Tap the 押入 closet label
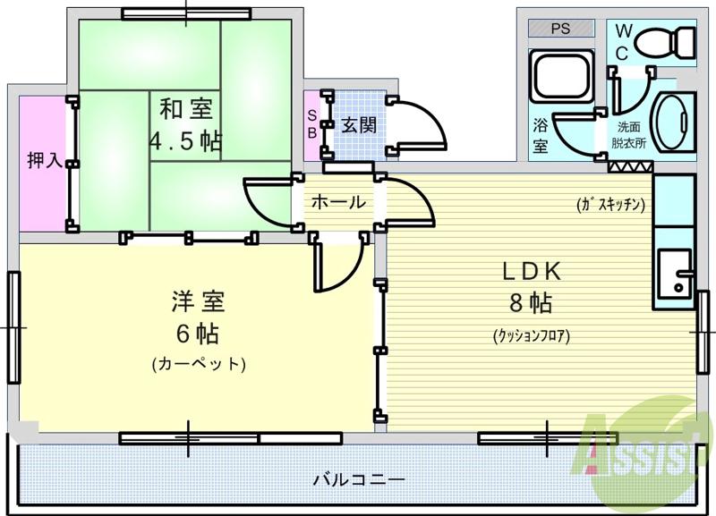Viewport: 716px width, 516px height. coord(44,161)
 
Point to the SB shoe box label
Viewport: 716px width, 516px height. coord(311,123)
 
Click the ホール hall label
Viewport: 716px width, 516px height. coord(338,202)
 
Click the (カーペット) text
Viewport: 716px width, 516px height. coord(198,364)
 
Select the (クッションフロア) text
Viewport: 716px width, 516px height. coord(531,336)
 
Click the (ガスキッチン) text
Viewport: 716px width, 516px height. coord(611,204)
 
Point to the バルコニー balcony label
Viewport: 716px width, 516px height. coord(358,479)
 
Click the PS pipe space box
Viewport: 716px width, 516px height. coord(560,29)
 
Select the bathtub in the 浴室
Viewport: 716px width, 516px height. coord(560,77)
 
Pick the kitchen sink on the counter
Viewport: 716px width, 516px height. coord(672,273)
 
